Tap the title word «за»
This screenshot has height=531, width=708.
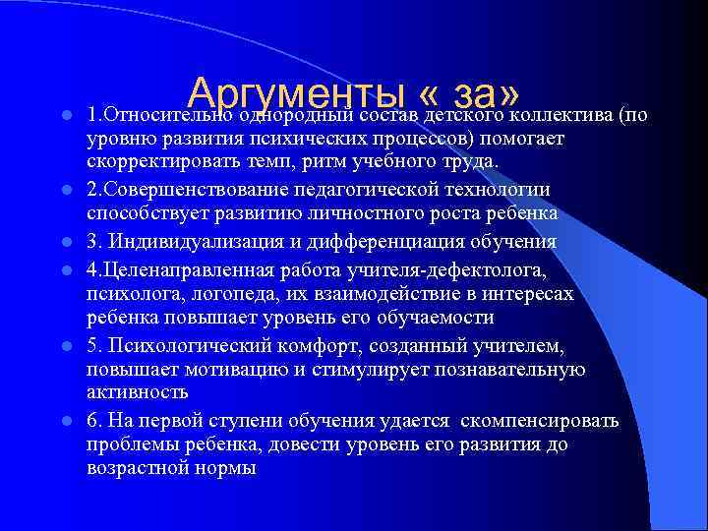(x=482, y=95)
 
